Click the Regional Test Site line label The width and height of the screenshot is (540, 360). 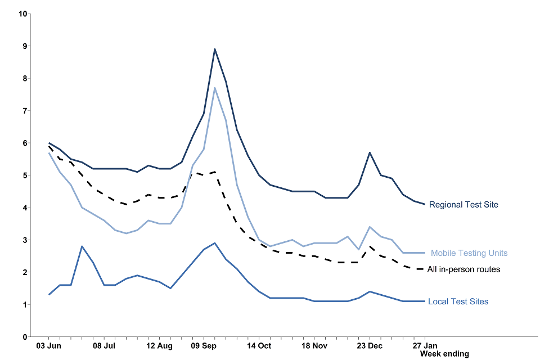[x=463, y=205]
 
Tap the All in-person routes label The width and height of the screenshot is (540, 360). [x=463, y=269]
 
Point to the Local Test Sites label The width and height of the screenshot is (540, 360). [x=458, y=301]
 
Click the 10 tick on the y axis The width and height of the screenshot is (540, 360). [x=23, y=13]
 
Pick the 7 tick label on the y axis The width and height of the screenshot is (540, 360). [x=25, y=111]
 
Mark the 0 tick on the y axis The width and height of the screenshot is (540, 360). [x=25, y=337]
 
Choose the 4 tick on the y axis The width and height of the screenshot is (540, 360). [x=25, y=208]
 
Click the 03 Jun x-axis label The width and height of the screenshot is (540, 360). [x=48, y=345]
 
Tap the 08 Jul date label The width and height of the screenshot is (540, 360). [x=104, y=345]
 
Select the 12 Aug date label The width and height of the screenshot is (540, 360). [x=159, y=345]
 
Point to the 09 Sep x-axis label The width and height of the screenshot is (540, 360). [x=204, y=345]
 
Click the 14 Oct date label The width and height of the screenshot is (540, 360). [x=259, y=345]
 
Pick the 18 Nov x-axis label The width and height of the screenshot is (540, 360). [x=314, y=345]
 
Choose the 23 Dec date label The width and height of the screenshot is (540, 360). [x=370, y=345]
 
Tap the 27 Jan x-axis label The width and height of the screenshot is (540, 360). [x=425, y=345]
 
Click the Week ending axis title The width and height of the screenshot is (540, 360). [x=444, y=354]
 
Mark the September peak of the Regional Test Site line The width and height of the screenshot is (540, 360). [x=215, y=49]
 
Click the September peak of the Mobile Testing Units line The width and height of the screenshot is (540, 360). [x=215, y=88]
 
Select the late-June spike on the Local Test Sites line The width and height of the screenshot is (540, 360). [x=82, y=246]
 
